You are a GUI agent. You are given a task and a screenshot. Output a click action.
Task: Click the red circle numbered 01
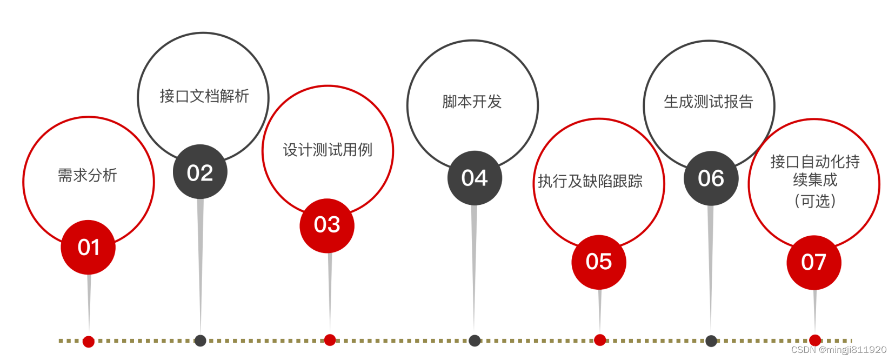click(88, 247)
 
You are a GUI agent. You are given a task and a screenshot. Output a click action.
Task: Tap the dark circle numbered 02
click(200, 172)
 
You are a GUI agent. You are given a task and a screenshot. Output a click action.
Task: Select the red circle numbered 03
click(327, 225)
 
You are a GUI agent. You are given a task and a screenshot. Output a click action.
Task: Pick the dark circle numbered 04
click(475, 178)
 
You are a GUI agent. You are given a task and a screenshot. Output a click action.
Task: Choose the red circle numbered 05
click(599, 262)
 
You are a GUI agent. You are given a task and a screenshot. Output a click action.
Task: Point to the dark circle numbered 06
click(711, 178)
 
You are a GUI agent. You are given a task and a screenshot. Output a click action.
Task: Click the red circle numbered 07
click(813, 263)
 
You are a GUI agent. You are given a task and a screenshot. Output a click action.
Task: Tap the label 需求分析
click(88, 175)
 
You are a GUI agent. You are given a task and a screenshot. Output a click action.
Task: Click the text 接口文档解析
click(204, 96)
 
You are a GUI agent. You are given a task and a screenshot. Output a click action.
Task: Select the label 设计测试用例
click(328, 150)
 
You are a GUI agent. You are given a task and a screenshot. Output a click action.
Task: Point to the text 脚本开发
click(472, 102)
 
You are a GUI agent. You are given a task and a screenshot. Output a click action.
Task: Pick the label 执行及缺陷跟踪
click(590, 181)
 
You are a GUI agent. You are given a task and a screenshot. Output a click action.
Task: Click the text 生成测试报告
click(709, 102)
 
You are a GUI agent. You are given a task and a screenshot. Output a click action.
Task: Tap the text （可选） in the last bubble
click(815, 201)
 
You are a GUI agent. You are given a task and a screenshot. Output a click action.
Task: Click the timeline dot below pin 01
click(89, 341)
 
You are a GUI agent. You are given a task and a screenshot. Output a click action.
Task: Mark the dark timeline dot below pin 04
click(475, 341)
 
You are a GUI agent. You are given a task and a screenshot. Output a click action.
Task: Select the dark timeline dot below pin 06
click(711, 341)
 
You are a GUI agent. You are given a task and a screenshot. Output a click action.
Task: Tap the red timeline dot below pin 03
click(330, 340)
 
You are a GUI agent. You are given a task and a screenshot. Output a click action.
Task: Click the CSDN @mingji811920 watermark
click(839, 350)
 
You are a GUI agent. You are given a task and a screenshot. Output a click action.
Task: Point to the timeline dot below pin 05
click(600, 340)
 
